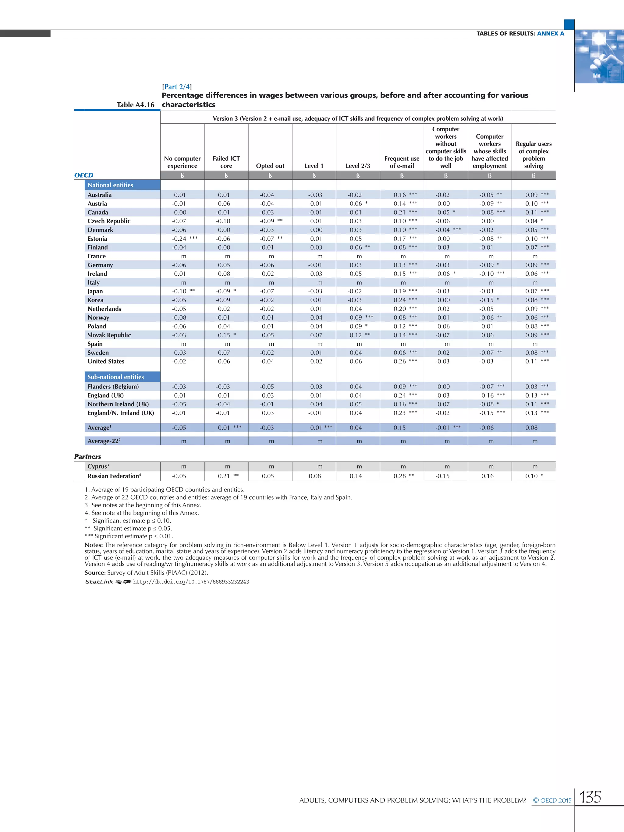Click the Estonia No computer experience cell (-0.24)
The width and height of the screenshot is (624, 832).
tap(180, 239)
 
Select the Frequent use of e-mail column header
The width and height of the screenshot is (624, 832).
tap(402, 162)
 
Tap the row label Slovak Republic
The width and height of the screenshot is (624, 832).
tap(109, 335)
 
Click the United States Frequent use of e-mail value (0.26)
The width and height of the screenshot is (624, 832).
tap(400, 361)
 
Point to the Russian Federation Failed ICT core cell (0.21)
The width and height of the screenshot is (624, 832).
tap(224, 476)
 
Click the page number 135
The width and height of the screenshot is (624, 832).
tap(590, 797)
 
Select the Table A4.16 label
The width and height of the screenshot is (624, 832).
tap(135, 104)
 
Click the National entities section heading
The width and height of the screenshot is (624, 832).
tap(110, 185)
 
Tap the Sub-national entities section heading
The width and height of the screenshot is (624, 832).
tap(115, 377)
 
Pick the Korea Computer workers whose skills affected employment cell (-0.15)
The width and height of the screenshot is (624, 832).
tap(487, 300)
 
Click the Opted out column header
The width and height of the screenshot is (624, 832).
tap(270, 166)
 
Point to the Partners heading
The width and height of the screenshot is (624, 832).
tap(88, 456)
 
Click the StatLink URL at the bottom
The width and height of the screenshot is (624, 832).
tap(191, 582)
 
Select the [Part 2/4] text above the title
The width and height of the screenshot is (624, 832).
tap(177, 87)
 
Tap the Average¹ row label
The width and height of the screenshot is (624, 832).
tap(99, 428)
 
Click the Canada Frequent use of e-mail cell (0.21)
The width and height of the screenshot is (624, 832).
tap(400, 212)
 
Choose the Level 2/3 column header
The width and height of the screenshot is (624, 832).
tap(358, 166)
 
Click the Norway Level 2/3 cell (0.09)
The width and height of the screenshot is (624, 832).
tap(356, 317)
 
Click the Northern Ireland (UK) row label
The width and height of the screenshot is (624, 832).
tap(118, 404)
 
